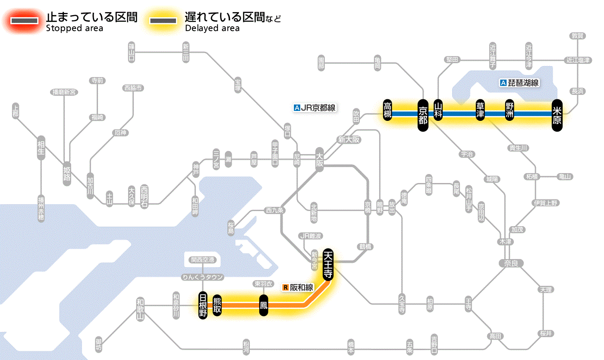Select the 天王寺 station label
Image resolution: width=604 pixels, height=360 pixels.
pos(328,265)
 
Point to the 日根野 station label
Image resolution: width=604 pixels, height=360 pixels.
pos(202,305)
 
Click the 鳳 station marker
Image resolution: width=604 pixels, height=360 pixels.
pos(263,306)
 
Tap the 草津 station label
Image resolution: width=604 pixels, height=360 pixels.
pos(480,111)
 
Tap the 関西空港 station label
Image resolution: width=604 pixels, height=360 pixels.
pos(202,260)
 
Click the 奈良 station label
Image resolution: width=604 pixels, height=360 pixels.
pos(510,263)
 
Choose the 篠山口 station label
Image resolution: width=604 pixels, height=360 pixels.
pos(132,52)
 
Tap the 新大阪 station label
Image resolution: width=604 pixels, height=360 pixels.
pos(349,140)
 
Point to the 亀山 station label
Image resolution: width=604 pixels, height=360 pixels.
pos(565,177)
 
